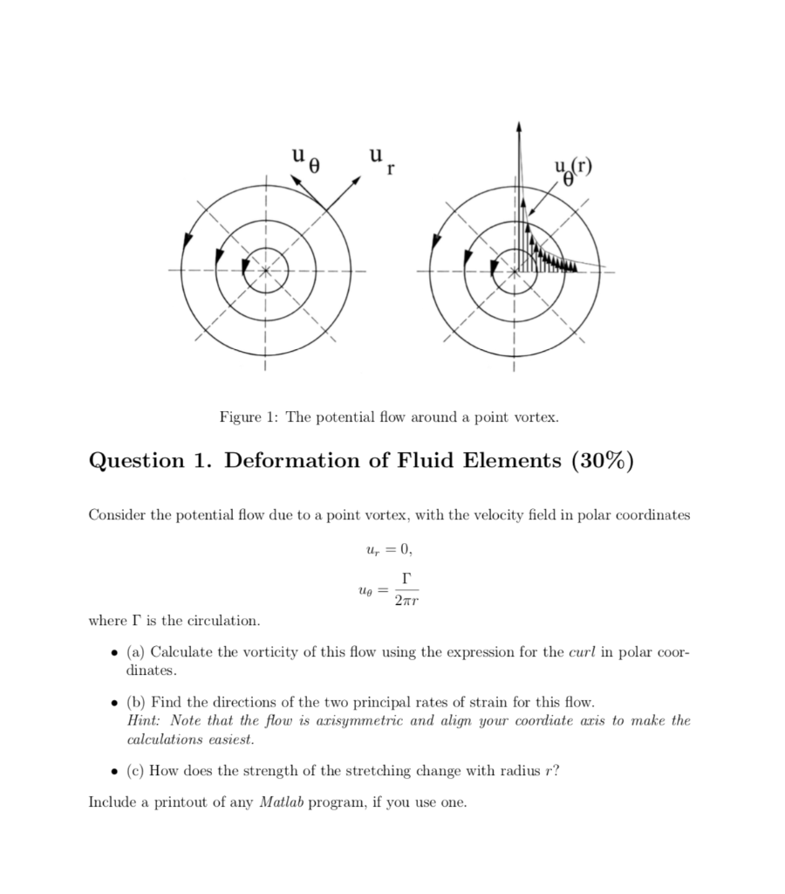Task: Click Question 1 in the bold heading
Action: tap(149, 460)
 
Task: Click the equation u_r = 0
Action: tap(386, 550)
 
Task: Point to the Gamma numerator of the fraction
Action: tap(402, 577)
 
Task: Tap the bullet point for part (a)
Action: tap(115, 654)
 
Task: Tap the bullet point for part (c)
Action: tap(115, 771)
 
